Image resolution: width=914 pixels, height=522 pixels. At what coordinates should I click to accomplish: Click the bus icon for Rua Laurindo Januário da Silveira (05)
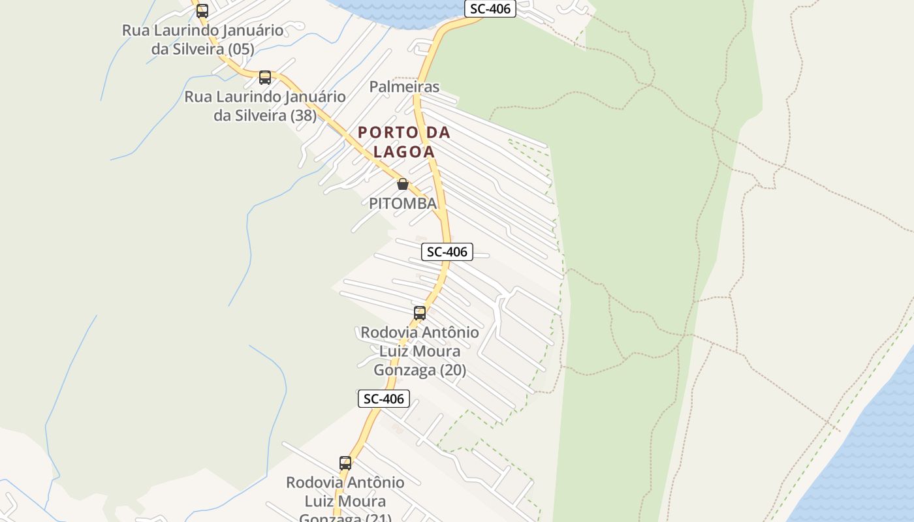tap(202, 10)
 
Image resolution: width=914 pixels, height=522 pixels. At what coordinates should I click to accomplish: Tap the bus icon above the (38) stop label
tap(264, 78)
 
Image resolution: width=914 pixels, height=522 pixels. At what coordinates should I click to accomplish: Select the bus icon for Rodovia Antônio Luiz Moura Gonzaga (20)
tap(419, 313)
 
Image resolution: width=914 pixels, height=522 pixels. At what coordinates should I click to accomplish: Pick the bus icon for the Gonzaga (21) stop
tap(345, 463)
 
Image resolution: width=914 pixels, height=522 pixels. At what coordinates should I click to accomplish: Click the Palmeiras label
tap(404, 87)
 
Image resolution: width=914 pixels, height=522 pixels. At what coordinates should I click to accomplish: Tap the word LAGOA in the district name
tap(404, 152)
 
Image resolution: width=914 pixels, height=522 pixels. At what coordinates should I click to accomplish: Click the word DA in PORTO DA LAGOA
tap(438, 132)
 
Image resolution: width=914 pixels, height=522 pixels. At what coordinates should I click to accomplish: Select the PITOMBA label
tap(402, 204)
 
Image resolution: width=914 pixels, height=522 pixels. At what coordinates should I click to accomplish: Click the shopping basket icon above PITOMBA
tap(403, 185)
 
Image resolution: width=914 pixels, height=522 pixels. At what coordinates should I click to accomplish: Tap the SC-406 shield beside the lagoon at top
tap(490, 9)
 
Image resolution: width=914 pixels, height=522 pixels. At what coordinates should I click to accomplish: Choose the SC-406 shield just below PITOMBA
tap(447, 252)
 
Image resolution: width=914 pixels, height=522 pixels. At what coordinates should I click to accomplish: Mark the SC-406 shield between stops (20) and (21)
tap(384, 399)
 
